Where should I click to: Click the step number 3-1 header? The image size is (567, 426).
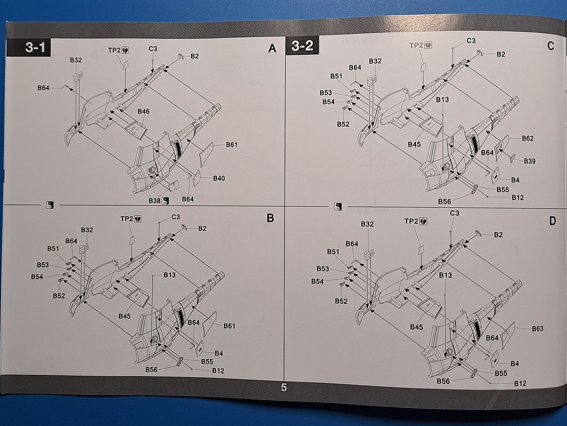coord(35,48)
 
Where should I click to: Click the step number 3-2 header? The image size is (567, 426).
coord(302,47)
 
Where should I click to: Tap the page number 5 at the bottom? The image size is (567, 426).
coord(283,387)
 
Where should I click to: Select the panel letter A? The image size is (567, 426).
coord(272,48)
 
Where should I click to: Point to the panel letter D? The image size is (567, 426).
coord(552,220)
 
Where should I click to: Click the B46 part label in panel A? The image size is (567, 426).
coord(143,111)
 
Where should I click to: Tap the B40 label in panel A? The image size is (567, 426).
coord(219,178)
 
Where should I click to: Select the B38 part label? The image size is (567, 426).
coord(154,200)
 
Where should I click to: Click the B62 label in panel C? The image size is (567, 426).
coord(527,138)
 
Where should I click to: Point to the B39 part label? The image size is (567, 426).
coord(529,161)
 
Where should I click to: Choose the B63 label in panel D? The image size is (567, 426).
coord(537,329)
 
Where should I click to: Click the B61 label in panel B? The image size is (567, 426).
coord(229,326)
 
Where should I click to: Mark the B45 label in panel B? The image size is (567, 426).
coord(124,316)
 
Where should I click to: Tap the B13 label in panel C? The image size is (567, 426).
coord(442,100)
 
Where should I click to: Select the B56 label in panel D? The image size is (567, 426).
coord(443,381)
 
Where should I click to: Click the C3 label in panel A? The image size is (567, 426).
coord(152,49)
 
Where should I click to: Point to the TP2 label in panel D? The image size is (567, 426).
coord(411,221)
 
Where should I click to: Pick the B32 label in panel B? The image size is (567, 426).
coord(87,230)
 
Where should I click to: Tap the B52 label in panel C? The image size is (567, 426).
coord(343,124)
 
